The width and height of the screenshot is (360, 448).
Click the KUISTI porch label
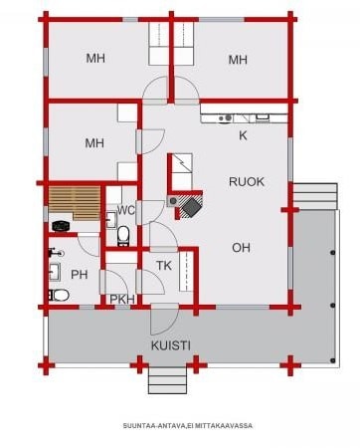(171, 345)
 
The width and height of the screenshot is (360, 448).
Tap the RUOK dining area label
(247, 181)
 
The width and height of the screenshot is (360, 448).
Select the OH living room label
(241, 248)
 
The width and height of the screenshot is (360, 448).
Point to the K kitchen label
(243, 135)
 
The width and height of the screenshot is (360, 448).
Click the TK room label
(164, 266)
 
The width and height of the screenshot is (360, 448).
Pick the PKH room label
(122, 299)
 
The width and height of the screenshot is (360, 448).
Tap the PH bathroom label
(80, 275)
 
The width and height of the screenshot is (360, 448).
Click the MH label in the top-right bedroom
(238, 60)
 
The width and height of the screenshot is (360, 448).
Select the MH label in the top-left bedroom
(95, 58)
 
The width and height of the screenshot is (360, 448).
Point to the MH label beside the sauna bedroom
(94, 143)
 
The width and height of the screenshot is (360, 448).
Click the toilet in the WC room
(123, 235)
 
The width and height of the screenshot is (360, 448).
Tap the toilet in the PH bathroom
(59, 295)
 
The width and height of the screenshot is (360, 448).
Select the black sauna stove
(61, 226)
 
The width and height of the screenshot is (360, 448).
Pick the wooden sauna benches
(75, 203)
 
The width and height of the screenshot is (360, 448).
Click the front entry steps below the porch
(167, 380)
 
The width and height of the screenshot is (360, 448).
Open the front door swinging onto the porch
(165, 321)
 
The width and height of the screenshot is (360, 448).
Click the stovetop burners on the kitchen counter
(225, 117)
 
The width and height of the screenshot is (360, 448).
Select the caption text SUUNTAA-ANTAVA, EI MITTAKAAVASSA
(188, 425)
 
